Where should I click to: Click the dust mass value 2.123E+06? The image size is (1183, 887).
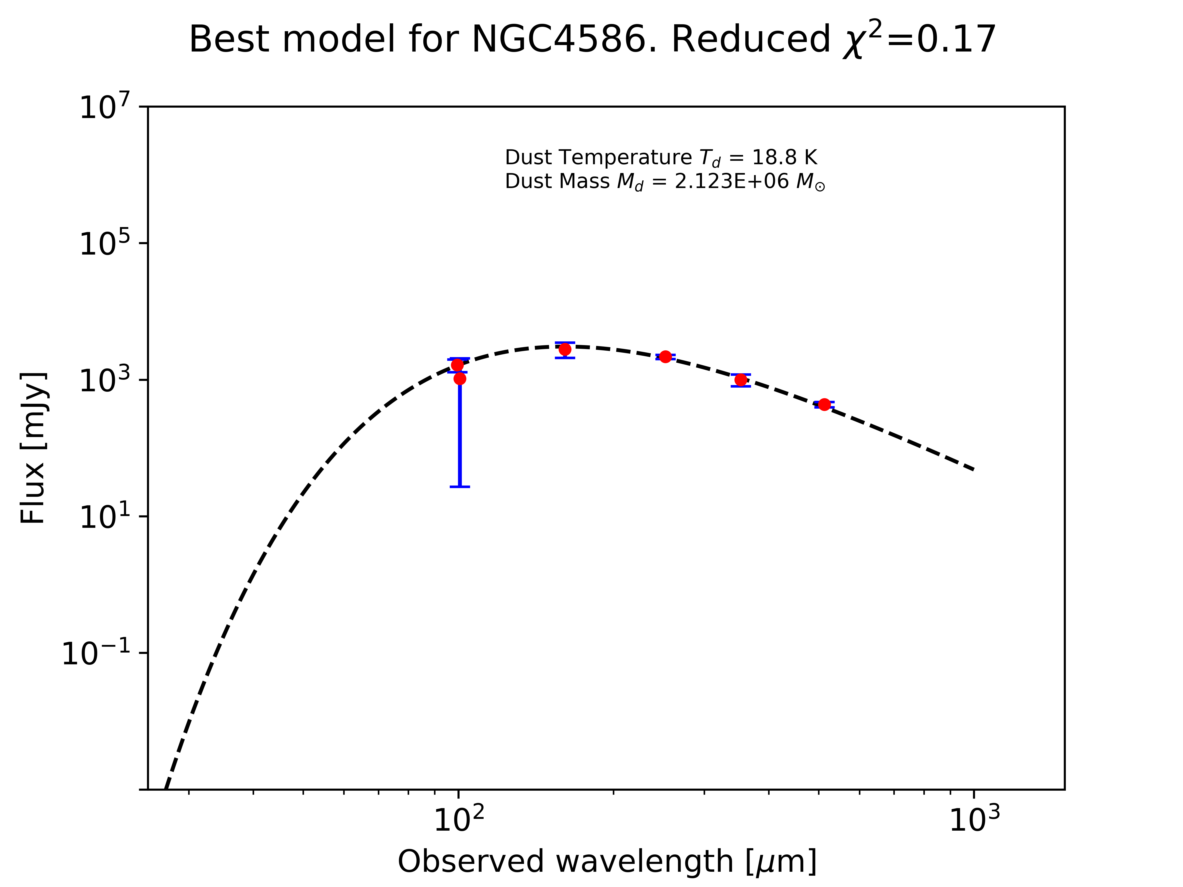coord(731,182)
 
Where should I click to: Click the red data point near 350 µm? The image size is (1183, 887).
coord(741,380)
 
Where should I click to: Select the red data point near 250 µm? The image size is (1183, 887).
coord(665,357)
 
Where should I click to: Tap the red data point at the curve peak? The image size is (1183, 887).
coord(565,349)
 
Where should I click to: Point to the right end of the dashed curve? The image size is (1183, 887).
coord(973,469)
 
